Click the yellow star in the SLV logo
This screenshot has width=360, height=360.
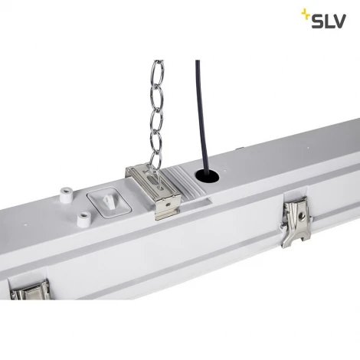305,13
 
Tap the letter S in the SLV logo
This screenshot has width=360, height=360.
317,21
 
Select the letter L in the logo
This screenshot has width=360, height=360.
330,21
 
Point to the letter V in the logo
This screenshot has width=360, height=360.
344,21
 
